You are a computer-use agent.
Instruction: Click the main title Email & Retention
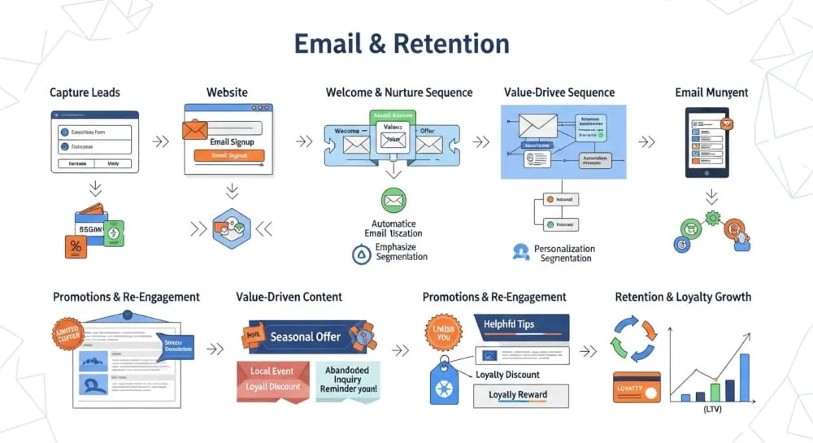402,43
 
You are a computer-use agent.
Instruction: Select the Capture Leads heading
85,93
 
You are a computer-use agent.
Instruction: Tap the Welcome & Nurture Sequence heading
399,93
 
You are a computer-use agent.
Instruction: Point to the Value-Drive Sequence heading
559,93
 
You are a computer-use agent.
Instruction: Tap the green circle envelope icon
393,200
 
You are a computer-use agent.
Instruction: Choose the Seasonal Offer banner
305,337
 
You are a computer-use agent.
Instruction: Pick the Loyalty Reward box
521,395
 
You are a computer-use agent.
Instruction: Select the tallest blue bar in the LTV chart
743,378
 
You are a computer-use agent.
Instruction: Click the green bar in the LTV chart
715,392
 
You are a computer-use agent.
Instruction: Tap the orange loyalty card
636,389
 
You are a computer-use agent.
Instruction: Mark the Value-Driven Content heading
289,298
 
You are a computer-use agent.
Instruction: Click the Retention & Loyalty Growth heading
683,298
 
